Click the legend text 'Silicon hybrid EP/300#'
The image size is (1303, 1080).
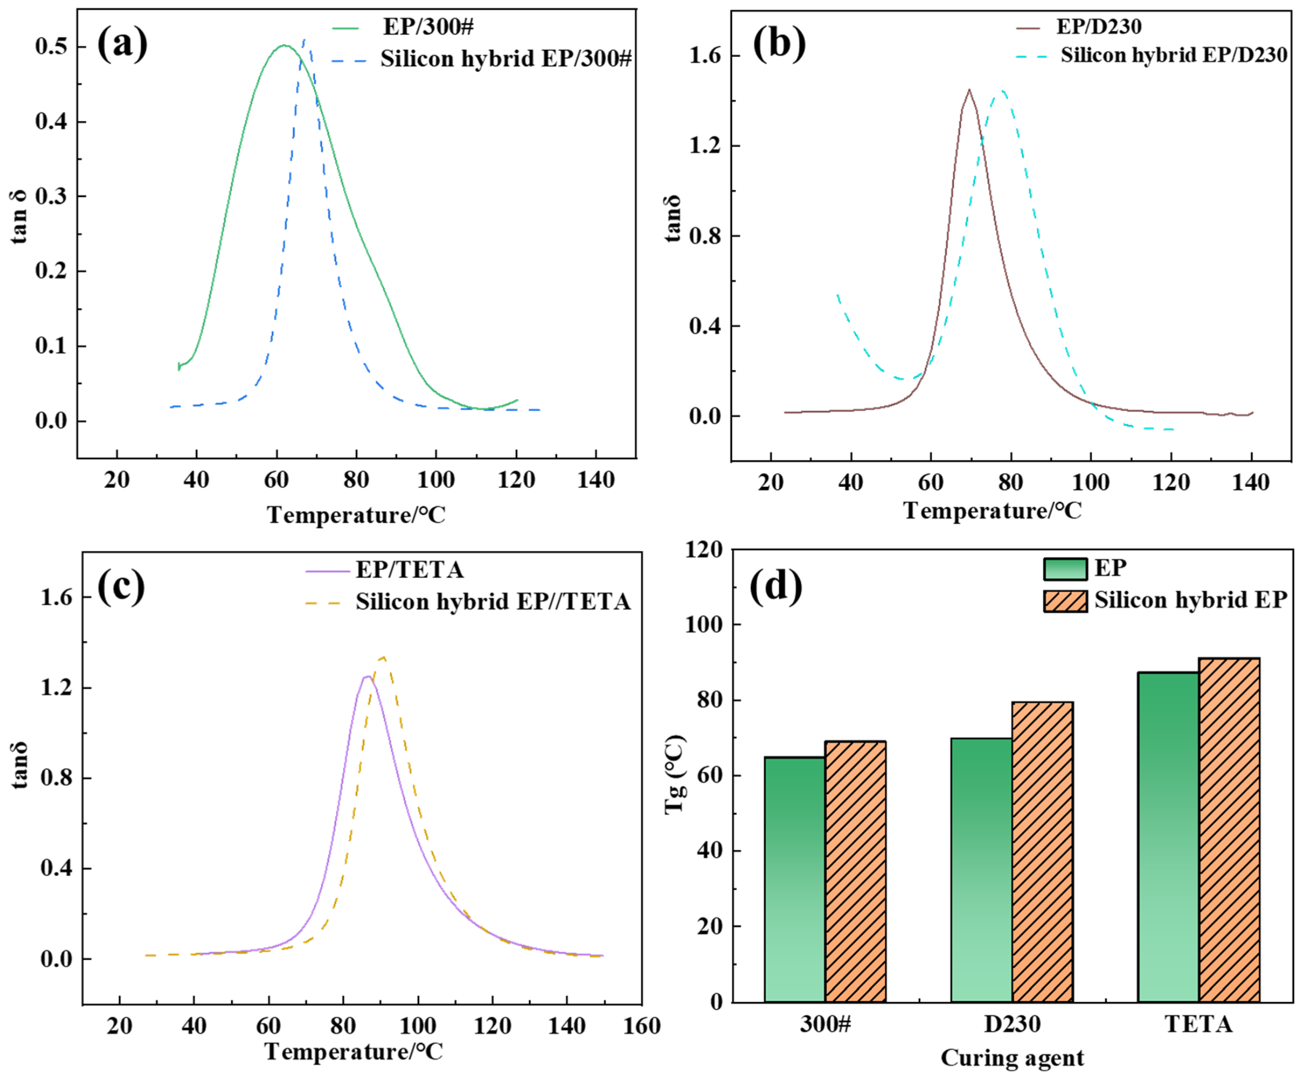pos(506,58)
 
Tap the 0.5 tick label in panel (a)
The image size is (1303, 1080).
pos(51,47)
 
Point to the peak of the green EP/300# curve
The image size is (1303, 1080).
pos(284,45)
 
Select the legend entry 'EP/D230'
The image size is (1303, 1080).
pos(1098,27)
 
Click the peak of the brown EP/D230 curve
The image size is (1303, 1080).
pos(969,90)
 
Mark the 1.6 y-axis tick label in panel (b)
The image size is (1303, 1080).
pos(705,56)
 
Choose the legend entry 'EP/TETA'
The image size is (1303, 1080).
pos(409,570)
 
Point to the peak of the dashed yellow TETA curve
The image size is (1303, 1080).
pos(383,657)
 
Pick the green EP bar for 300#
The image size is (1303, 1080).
pos(794,881)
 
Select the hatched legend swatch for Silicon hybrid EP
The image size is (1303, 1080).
pos(1065,601)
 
